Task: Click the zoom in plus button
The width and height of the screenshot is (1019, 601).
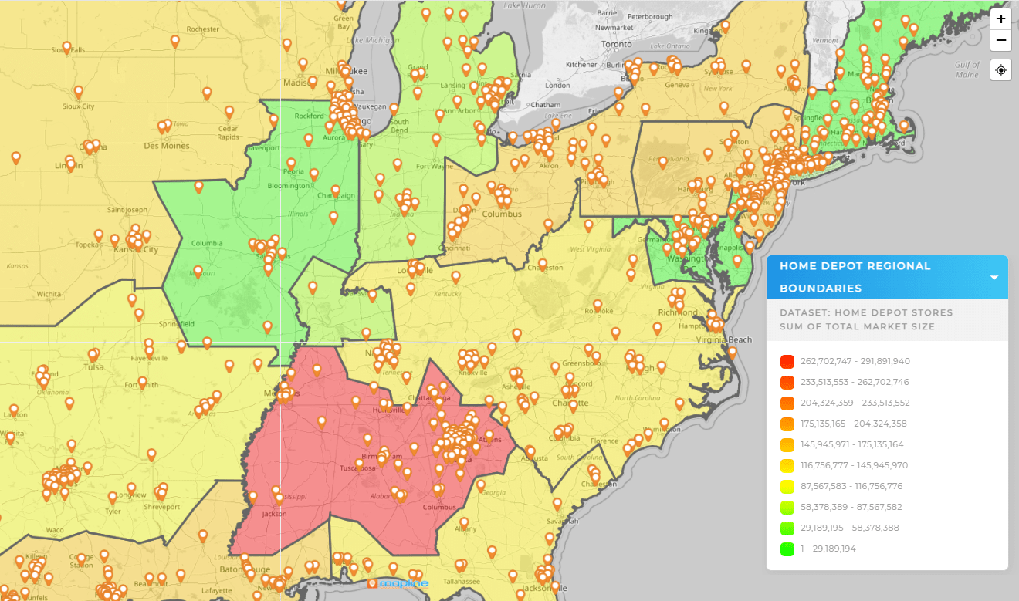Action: point(1000,19)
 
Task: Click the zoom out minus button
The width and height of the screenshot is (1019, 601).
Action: point(1000,40)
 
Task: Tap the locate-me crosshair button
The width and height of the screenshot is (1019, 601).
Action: point(1000,70)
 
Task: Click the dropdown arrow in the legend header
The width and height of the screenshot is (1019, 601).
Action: point(994,278)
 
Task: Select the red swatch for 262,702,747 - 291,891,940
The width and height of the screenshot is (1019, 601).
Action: point(787,361)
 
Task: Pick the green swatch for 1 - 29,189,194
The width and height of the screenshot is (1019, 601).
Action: point(787,549)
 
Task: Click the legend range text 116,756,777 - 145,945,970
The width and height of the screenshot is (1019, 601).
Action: point(844,465)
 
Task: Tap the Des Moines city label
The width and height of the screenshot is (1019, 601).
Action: point(166,145)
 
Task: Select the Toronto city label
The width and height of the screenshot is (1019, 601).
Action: point(617,45)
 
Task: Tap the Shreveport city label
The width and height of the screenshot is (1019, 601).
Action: point(162,507)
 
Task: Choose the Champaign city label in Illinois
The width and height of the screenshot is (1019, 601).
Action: point(336,195)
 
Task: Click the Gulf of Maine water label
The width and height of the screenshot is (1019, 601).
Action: point(967,69)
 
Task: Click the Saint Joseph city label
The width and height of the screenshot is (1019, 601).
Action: point(127,210)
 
